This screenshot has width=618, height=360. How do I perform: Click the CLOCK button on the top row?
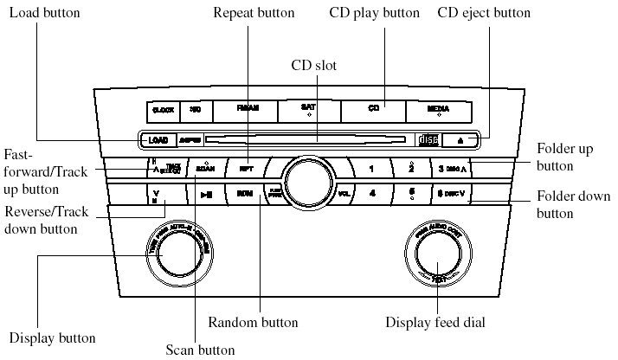[x=163, y=110]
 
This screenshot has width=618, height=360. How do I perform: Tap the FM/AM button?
[x=246, y=110]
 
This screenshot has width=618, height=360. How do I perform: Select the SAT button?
[x=308, y=110]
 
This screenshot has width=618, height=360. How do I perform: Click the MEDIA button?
[x=437, y=110]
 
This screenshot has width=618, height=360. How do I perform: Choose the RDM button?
[x=245, y=193]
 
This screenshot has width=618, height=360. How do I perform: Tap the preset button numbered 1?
[x=371, y=168]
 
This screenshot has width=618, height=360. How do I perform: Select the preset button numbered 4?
[x=371, y=193]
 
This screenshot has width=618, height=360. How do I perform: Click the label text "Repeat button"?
[x=253, y=14]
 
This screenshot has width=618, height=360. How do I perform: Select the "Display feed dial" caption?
[x=435, y=323]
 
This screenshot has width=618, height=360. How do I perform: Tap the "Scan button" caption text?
[x=200, y=350]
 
